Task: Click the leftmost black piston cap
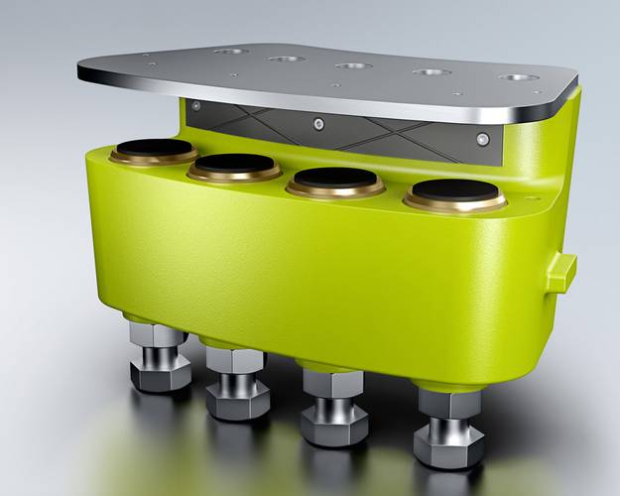pyautogui.click(x=153, y=149)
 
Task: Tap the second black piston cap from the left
pyautogui.click(x=235, y=164)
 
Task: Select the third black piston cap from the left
pyautogui.click(x=336, y=178)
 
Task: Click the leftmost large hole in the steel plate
pyautogui.click(x=231, y=51)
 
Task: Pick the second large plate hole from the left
pyautogui.click(x=286, y=59)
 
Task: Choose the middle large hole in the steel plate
pyautogui.click(x=352, y=65)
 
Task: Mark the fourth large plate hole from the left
pyautogui.click(x=433, y=71)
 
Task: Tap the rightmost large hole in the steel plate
pyautogui.click(x=519, y=76)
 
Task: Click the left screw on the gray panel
pyautogui.click(x=196, y=105)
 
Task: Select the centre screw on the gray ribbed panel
pyautogui.click(x=318, y=123)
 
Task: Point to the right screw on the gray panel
pyautogui.click(x=481, y=139)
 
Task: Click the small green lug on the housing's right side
pyautogui.click(x=560, y=271)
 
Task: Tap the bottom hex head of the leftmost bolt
pyautogui.click(x=160, y=376)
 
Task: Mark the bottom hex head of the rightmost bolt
pyautogui.click(x=448, y=446)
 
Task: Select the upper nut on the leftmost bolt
pyautogui.click(x=158, y=335)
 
